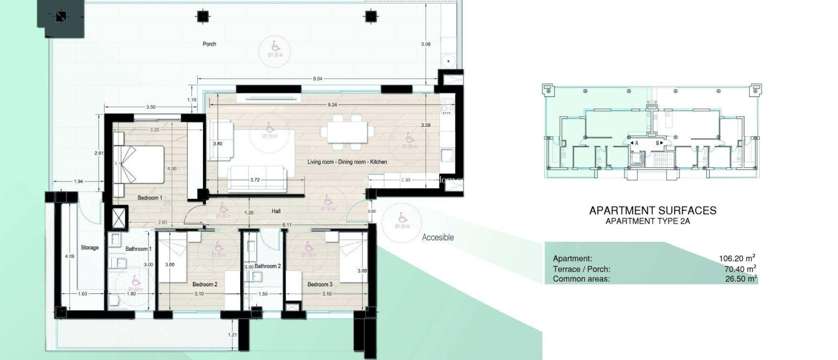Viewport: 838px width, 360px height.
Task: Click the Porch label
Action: click(209, 44)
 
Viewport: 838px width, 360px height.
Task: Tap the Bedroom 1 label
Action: click(148, 198)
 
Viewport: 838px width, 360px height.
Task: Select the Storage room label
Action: click(90, 248)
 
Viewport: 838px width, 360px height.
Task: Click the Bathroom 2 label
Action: click(268, 266)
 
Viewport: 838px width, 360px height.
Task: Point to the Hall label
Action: click(276, 211)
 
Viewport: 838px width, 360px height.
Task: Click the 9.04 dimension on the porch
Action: click(318, 79)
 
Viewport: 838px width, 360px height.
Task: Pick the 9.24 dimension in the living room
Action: click(332, 105)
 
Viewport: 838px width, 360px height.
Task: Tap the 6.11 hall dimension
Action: click(287, 225)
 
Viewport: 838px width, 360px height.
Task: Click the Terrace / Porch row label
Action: click(581, 269)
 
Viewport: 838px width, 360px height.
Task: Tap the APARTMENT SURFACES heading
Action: click(653, 211)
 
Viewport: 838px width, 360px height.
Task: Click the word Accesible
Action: click(438, 237)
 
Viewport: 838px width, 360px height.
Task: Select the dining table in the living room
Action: click(347, 132)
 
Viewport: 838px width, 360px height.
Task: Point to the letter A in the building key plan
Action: click(637, 143)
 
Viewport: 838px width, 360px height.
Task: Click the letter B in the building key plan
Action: click(658, 143)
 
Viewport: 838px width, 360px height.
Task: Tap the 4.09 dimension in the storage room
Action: click(70, 256)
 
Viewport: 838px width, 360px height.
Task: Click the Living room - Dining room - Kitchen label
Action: click(347, 162)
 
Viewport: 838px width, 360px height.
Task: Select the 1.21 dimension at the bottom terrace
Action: click(232, 335)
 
